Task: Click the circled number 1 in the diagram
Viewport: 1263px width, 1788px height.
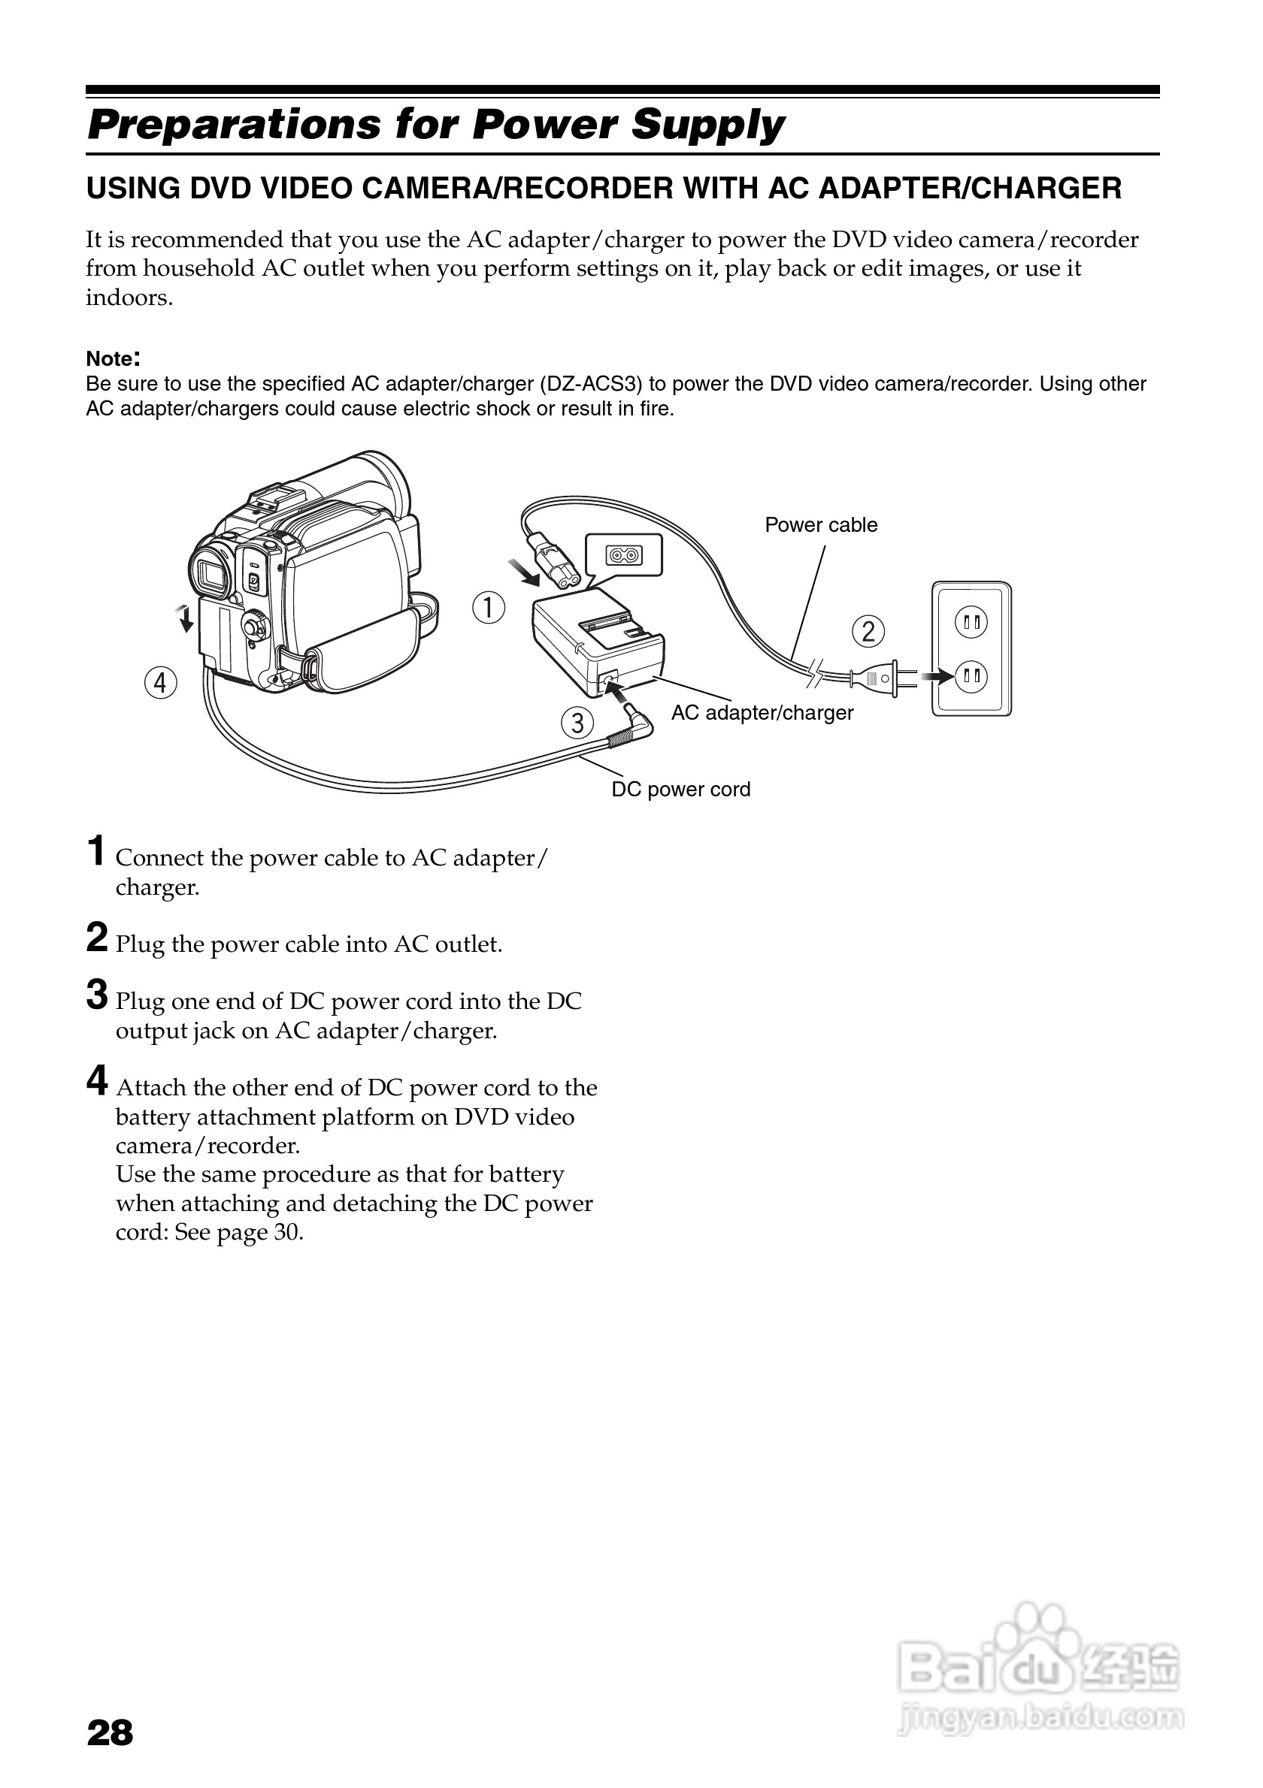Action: (x=489, y=608)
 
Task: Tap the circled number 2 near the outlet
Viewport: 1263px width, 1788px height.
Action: (x=868, y=631)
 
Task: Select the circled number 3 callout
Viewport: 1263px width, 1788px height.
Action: (x=577, y=723)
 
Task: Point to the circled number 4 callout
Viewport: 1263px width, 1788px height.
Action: (x=160, y=683)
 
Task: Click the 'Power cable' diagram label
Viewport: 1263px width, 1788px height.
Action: (x=820, y=525)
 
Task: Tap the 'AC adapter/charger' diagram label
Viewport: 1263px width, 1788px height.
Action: (x=762, y=712)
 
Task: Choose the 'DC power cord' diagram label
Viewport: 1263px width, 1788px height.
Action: (x=680, y=790)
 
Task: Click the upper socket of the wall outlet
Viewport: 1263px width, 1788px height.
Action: (x=971, y=622)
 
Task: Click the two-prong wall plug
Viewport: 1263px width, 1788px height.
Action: (x=880, y=678)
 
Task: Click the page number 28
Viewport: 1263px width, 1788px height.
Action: (x=110, y=1732)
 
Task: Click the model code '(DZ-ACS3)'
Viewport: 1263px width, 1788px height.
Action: (x=592, y=384)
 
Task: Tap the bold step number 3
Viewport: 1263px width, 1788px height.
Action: (x=97, y=995)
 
